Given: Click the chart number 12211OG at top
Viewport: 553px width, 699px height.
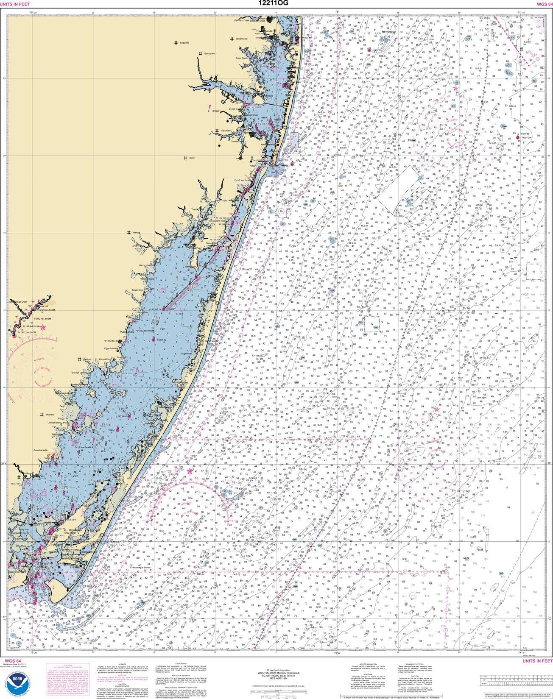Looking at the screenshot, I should click(276, 3).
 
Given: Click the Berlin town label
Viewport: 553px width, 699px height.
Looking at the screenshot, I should click(192, 158).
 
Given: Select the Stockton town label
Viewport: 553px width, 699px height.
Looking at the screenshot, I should click(50, 415).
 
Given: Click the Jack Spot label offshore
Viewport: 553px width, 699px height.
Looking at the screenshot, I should click(481, 398).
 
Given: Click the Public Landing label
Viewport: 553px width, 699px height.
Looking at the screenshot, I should click(127, 332).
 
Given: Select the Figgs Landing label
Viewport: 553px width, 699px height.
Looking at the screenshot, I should click(111, 348).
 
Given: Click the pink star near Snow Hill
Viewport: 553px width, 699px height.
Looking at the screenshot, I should click(43, 327).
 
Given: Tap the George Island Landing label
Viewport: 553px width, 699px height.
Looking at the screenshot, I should click(58, 423).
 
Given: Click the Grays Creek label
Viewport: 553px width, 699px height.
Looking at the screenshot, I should click(242, 58).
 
